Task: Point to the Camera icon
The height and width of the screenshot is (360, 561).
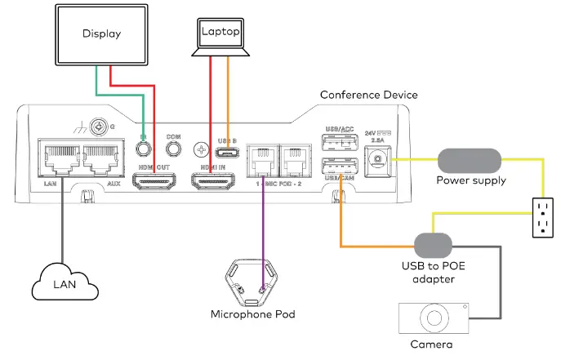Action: [434, 319]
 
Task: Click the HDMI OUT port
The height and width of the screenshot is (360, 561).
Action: [155, 180]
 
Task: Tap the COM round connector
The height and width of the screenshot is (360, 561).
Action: [172, 149]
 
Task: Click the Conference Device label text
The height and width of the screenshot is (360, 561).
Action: [368, 95]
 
